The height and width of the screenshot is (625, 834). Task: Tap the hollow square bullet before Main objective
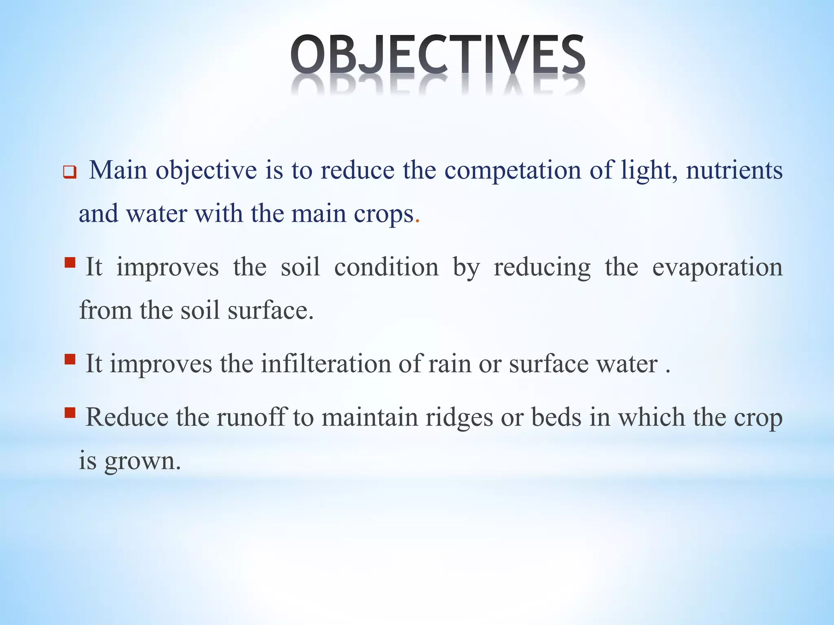70,173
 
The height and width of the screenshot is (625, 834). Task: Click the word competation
513,170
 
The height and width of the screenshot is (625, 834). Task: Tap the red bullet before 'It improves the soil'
70,262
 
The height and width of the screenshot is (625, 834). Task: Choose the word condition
386,267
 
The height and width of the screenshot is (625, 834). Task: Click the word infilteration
326,363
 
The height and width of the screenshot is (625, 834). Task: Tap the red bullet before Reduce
70,413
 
